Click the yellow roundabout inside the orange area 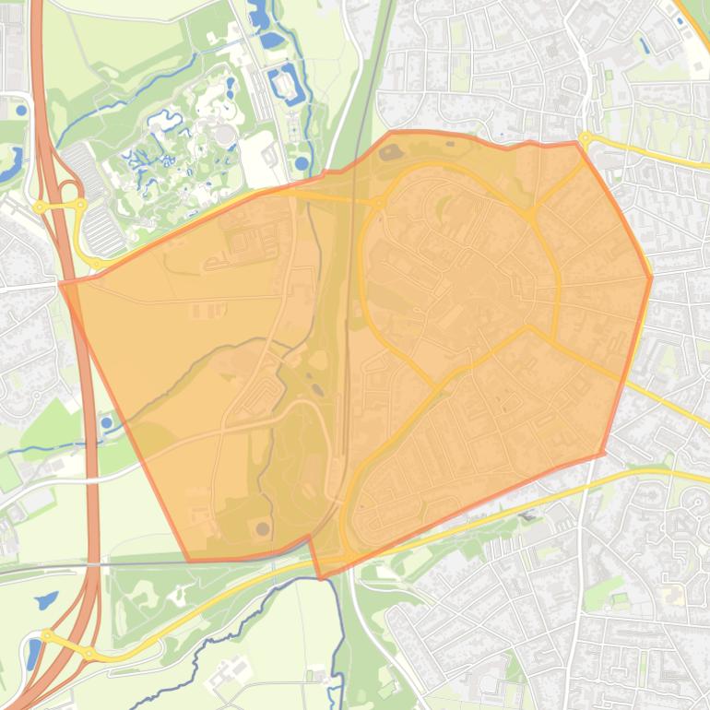[x=378, y=202]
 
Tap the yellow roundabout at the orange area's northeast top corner [x=585, y=140]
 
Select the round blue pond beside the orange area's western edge [x=107, y=423]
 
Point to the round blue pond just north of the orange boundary [x=302, y=163]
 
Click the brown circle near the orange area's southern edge [x=264, y=529]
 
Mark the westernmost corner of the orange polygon [x=61, y=283]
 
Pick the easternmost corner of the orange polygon [x=651, y=277]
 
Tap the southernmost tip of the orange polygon [x=320, y=578]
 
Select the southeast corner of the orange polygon [x=603, y=453]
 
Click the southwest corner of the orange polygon [x=189, y=560]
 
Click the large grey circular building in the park [x=224, y=135]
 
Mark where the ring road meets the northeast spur [x=532, y=219]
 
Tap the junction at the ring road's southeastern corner [x=528, y=325]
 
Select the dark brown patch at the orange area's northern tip [x=385, y=152]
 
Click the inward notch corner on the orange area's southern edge [x=310, y=542]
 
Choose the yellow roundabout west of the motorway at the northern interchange [x=41, y=207]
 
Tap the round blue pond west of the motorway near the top [x=20, y=111]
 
